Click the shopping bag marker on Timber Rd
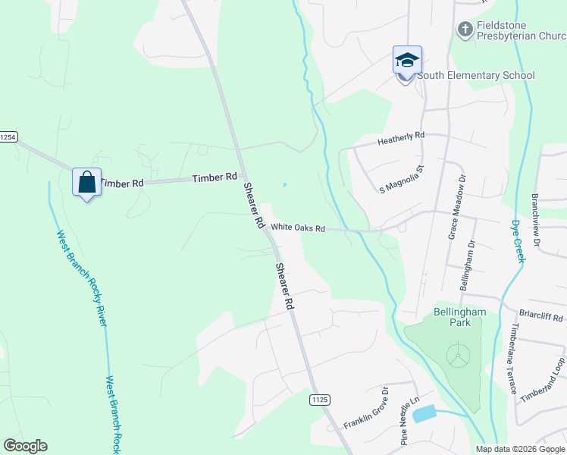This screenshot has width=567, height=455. point(86,182)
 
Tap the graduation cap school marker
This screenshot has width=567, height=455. point(407,61)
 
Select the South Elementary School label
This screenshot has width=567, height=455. point(476,76)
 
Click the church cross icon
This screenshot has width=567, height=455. point(465,30)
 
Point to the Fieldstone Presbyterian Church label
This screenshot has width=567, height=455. point(521,30)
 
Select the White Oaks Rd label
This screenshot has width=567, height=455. point(298,227)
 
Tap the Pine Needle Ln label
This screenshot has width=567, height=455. point(409,422)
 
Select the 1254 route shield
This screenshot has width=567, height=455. point(8,137)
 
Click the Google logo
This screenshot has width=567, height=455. point(25,446)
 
